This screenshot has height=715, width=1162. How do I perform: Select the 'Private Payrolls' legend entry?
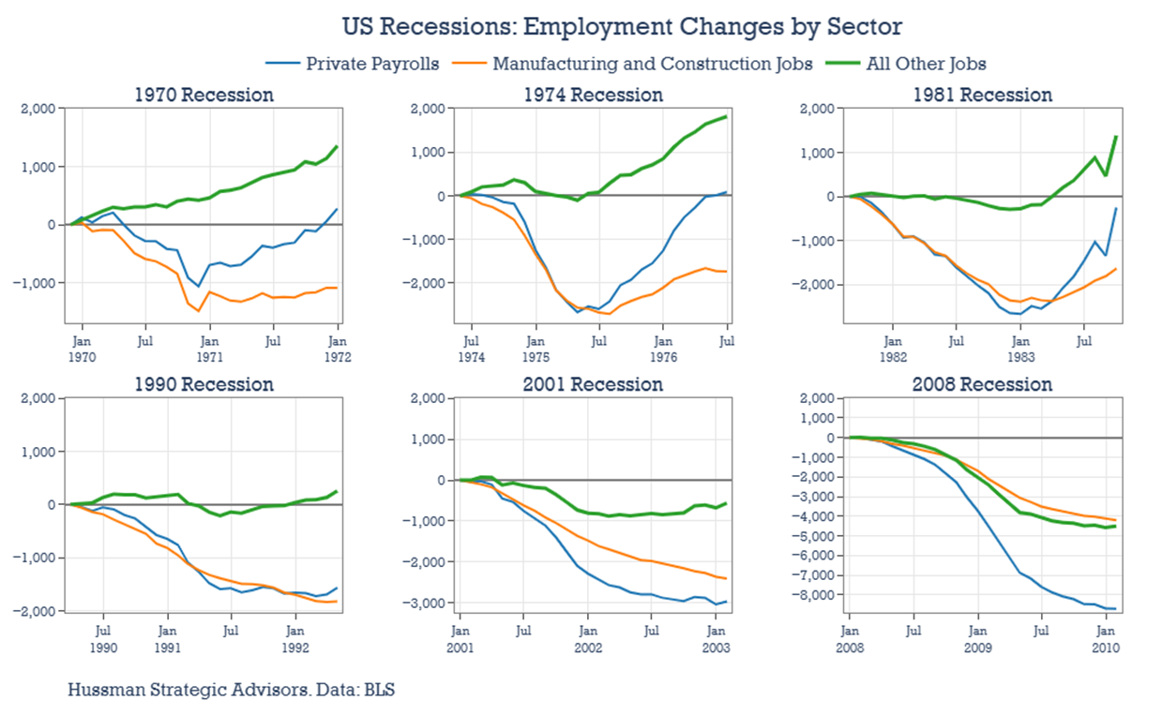coord(372,64)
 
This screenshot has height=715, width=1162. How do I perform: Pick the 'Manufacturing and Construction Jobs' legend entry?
coord(639,64)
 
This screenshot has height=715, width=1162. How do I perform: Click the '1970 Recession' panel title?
coord(204,95)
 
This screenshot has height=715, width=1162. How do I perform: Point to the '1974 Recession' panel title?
coord(593,95)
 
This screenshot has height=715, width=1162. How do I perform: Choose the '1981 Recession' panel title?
coord(982,95)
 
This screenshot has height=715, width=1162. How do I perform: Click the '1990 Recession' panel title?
coord(204,384)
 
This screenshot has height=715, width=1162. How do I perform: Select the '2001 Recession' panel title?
coord(593,384)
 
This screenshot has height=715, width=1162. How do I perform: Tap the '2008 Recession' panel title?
coord(982,384)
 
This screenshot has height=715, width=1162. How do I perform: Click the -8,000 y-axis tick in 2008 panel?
coord(814,595)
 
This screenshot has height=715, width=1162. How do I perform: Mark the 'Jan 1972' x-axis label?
coord(338,350)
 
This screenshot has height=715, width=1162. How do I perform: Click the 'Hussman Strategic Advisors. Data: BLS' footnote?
coord(231,691)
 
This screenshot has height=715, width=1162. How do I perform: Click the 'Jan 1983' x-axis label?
coord(1021,350)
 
